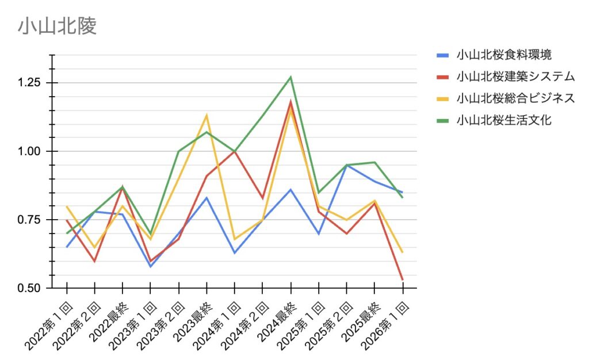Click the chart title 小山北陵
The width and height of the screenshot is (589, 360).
click(x=57, y=26)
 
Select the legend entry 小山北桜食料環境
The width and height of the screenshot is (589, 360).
click(x=504, y=55)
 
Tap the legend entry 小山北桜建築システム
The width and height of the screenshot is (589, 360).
click(x=515, y=76)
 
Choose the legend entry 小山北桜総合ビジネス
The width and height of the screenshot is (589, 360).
click(x=515, y=98)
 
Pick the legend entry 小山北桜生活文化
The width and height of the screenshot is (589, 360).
click(x=504, y=120)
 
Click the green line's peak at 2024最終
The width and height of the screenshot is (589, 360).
click(x=290, y=77)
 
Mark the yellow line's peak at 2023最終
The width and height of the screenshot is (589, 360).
click(x=206, y=116)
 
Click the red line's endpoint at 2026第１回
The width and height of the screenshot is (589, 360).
click(x=402, y=279)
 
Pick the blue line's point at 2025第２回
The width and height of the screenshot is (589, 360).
click(x=346, y=165)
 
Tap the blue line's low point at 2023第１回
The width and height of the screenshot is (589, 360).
click(x=151, y=266)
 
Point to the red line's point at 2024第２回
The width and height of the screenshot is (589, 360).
click(x=262, y=198)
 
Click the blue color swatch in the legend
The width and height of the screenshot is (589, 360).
click(x=442, y=55)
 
